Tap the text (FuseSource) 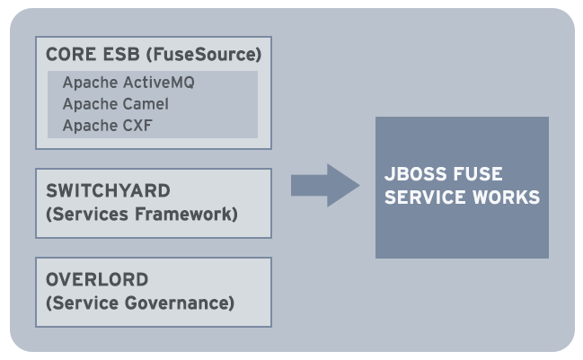pos(202,55)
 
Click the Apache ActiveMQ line pos(128,83)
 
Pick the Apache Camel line pos(115,104)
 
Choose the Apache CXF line pos(108,126)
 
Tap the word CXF pos(137,126)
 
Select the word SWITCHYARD pos(107,192)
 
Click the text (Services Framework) pos(141,215)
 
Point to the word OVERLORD pos(97,280)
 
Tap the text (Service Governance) pos(139,303)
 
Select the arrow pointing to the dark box pos(324,185)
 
